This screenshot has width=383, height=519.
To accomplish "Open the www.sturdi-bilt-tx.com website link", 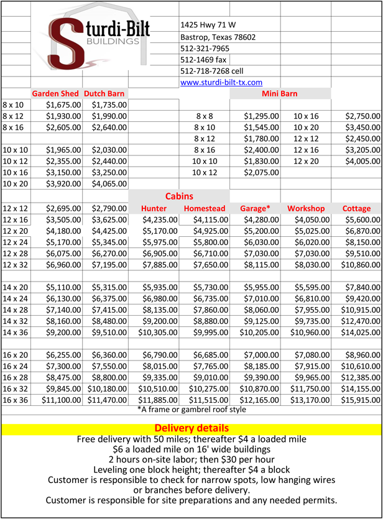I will (x=221, y=82).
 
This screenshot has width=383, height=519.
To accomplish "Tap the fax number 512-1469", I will (x=203, y=60).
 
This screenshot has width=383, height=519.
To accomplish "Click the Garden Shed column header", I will (x=55, y=93).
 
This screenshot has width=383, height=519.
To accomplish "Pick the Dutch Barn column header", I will (x=104, y=93).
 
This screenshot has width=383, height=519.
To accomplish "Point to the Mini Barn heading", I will (x=280, y=93).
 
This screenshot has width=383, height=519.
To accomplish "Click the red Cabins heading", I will (x=179, y=196).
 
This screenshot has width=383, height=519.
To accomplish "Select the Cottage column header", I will (x=356, y=208).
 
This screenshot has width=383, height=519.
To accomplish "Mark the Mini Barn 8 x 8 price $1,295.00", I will (x=261, y=116).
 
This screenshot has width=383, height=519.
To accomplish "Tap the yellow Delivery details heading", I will (x=191, y=428).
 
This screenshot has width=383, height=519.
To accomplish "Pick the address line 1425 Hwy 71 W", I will (x=208, y=25).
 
